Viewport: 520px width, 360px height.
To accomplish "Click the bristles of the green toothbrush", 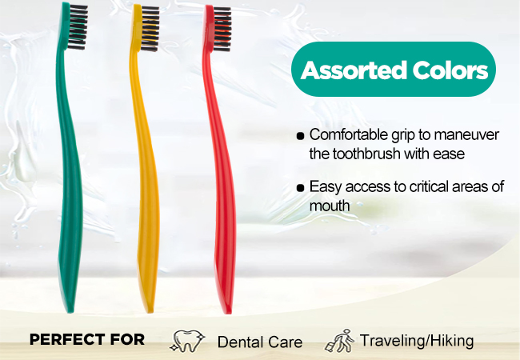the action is [x=78, y=27].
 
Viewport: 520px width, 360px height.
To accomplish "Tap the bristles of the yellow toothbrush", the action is [x=150, y=29].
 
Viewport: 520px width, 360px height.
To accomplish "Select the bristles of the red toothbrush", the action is [x=222, y=29].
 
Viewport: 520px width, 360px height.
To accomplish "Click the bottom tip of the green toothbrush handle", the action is [x=70, y=312].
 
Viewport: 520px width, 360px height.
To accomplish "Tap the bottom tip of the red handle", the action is [x=228, y=313].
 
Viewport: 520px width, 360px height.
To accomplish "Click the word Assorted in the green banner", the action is [x=354, y=70].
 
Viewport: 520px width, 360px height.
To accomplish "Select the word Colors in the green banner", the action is [x=450, y=70].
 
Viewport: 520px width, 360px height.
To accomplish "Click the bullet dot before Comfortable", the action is [x=300, y=136].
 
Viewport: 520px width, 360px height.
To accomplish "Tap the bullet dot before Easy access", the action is [x=300, y=188].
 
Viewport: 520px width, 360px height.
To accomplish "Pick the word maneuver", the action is [x=466, y=134].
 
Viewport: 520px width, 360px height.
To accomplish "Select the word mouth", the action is [x=330, y=206].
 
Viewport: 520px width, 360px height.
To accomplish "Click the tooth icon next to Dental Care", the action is [x=187, y=341].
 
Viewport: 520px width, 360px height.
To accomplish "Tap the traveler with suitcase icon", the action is [x=339, y=341].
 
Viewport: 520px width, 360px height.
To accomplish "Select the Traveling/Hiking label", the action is [x=417, y=341].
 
